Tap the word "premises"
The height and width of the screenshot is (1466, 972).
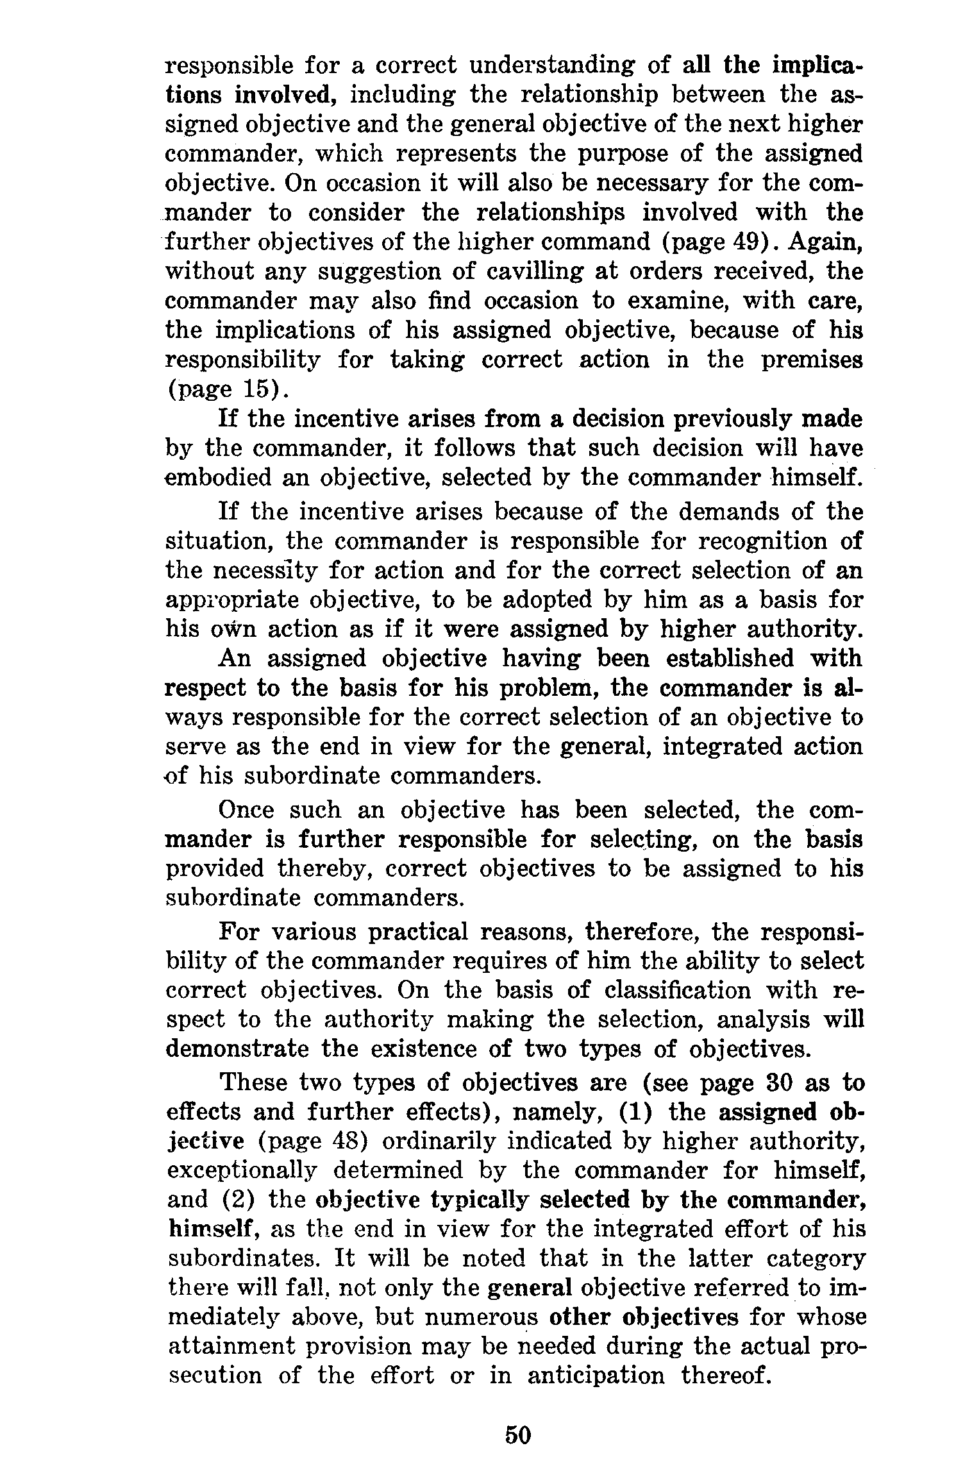(x=812, y=360)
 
